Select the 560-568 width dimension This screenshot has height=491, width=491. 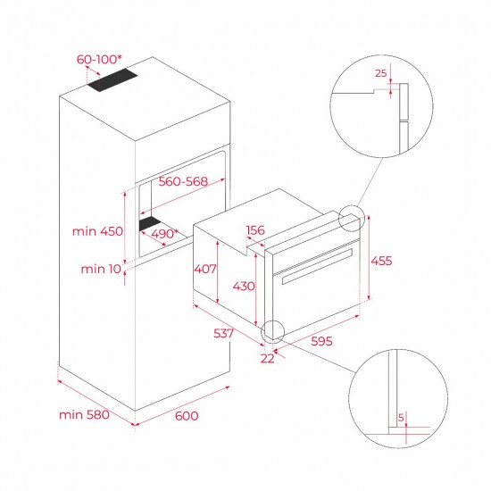click(x=182, y=181)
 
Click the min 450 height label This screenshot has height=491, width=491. click(x=95, y=231)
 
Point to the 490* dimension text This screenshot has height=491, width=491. click(x=162, y=234)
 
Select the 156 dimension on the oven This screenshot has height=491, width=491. click(x=254, y=230)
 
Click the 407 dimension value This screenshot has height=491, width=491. click(x=204, y=268)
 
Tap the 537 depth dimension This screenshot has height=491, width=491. click(x=224, y=334)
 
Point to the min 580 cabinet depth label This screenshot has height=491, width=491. click(x=84, y=415)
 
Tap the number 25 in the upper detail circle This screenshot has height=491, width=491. click(x=381, y=74)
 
